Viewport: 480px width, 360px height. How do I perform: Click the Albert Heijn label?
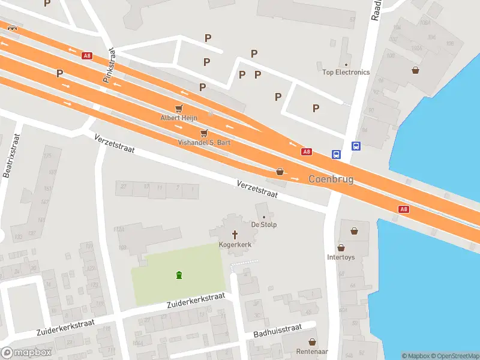[x=178, y=118]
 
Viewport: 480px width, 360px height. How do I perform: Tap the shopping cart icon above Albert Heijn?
[x=178, y=108]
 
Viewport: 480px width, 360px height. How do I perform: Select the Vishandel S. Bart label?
[x=204, y=142]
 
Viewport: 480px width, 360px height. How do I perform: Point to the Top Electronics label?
[x=346, y=72]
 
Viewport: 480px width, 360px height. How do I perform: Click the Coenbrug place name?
[x=331, y=179]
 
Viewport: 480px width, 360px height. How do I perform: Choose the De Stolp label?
[x=263, y=224]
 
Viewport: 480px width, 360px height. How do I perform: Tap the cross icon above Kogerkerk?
[x=235, y=235]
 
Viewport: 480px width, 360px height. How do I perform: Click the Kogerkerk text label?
[x=235, y=245]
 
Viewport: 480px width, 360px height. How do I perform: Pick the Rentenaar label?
[x=313, y=351]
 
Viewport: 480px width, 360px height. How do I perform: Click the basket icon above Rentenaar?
[x=313, y=341]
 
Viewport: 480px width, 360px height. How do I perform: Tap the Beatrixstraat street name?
[x=11, y=155]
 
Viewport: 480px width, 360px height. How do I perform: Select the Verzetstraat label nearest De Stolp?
[x=257, y=189]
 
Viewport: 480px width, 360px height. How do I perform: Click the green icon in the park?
[x=178, y=275]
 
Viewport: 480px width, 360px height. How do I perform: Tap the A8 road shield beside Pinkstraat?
[x=88, y=56]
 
